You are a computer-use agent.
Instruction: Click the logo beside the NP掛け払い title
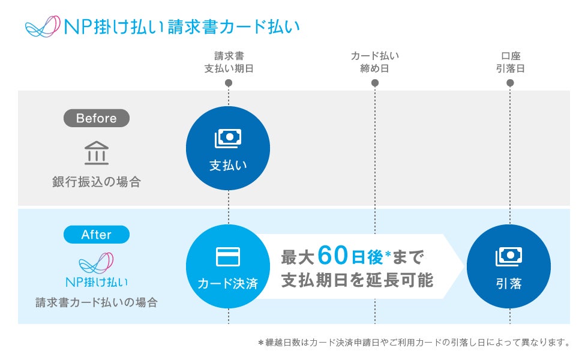click(x=43, y=27)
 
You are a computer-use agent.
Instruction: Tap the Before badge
click(x=96, y=118)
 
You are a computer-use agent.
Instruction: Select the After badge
click(x=96, y=234)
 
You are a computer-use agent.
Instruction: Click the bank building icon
click(x=96, y=153)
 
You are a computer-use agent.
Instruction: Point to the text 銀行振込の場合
click(x=96, y=182)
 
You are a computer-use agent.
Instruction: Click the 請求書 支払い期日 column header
click(x=229, y=62)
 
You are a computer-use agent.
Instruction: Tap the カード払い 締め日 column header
click(x=375, y=62)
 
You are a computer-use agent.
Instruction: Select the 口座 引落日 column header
click(x=510, y=62)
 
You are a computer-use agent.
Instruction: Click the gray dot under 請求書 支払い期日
click(x=229, y=83)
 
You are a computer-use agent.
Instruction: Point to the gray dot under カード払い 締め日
click(x=375, y=83)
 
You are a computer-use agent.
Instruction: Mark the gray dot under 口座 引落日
click(x=510, y=83)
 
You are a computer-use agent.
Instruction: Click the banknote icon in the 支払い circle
click(x=228, y=139)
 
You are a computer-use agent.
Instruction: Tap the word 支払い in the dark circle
click(x=228, y=165)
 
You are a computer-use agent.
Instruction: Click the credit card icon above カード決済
click(x=228, y=257)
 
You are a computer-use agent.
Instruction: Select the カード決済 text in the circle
click(x=228, y=283)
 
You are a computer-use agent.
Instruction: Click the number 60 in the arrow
click(x=333, y=255)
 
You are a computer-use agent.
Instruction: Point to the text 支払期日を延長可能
click(x=357, y=280)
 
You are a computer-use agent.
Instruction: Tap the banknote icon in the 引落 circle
click(x=509, y=256)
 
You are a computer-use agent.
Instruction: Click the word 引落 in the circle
click(x=509, y=283)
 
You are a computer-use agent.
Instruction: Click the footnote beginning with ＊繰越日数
click(x=413, y=343)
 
